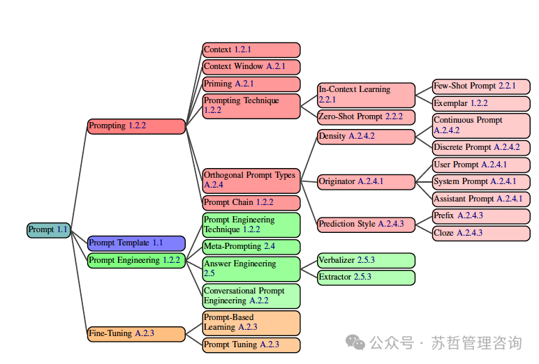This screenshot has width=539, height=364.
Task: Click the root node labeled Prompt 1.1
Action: (48, 229)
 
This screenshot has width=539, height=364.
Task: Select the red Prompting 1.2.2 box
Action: (136, 126)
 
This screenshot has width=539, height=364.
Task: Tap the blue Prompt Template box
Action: (136, 243)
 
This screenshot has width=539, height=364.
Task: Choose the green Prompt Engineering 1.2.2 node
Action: (136, 261)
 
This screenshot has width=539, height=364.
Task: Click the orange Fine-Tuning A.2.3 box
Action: (136, 334)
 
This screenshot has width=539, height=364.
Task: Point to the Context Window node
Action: (251, 67)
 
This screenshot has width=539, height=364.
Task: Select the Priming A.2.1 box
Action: (251, 84)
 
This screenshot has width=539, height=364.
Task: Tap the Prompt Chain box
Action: (251, 203)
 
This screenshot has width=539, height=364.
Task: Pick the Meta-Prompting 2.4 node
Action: (251, 247)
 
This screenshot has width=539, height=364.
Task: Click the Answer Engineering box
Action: (251, 269)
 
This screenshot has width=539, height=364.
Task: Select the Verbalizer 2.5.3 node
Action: (366, 261)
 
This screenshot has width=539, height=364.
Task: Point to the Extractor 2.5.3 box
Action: (366, 278)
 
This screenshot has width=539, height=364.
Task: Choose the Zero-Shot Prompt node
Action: (366, 117)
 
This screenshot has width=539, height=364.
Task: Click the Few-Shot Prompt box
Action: (481, 86)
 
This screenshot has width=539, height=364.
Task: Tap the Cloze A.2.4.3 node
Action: (481, 234)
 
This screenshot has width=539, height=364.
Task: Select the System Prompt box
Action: (481, 182)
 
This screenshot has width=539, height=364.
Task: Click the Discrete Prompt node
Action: (481, 148)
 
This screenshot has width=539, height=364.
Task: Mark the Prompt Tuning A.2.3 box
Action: (251, 345)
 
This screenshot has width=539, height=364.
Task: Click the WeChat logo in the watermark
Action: (357, 343)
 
